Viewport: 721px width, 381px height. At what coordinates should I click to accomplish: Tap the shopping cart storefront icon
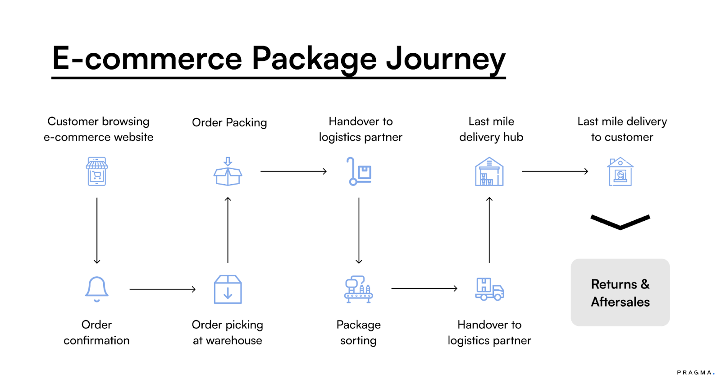(97, 171)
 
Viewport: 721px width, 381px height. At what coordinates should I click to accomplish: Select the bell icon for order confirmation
(97, 289)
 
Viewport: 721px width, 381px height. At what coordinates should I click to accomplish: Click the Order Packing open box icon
(228, 172)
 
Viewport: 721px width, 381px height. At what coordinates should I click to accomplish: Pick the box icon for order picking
(228, 289)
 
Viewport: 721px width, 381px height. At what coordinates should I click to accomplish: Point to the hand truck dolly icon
(359, 172)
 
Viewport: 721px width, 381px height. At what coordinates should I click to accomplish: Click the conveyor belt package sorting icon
(359, 289)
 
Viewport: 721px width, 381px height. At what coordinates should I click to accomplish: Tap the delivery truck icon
(489, 289)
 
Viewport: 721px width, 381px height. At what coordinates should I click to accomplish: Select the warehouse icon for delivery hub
(489, 172)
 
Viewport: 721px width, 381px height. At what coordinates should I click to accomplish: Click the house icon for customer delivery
(621, 172)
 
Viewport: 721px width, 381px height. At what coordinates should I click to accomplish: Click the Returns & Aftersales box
(620, 293)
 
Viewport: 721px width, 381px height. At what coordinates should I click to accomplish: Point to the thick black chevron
(620, 222)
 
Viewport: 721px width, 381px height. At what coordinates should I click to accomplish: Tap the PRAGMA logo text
(695, 372)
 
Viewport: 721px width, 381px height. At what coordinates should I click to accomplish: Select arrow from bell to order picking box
(162, 289)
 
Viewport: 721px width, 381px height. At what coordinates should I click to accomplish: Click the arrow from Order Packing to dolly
(293, 172)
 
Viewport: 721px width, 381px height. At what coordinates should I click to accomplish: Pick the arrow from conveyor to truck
(424, 288)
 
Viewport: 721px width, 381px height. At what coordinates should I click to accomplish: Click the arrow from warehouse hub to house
(555, 172)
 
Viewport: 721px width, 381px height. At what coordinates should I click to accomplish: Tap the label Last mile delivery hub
(491, 129)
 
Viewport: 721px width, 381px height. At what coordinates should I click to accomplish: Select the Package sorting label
(359, 332)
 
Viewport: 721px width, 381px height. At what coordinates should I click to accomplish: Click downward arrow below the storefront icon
(97, 230)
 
